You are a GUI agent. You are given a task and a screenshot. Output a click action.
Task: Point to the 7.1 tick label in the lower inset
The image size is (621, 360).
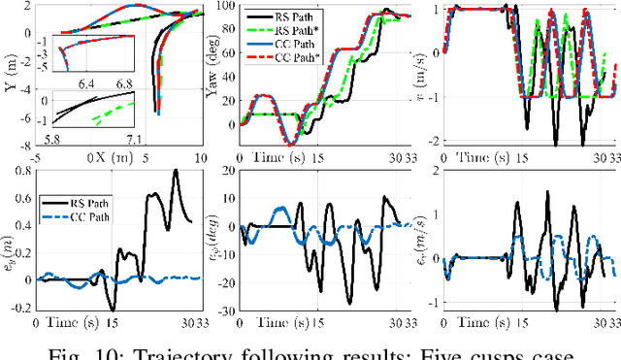pos(135,140)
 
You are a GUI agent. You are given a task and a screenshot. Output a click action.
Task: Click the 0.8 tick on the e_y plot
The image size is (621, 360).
pos(21,171)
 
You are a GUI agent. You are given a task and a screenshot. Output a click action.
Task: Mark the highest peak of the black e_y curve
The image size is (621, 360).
pos(176,171)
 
